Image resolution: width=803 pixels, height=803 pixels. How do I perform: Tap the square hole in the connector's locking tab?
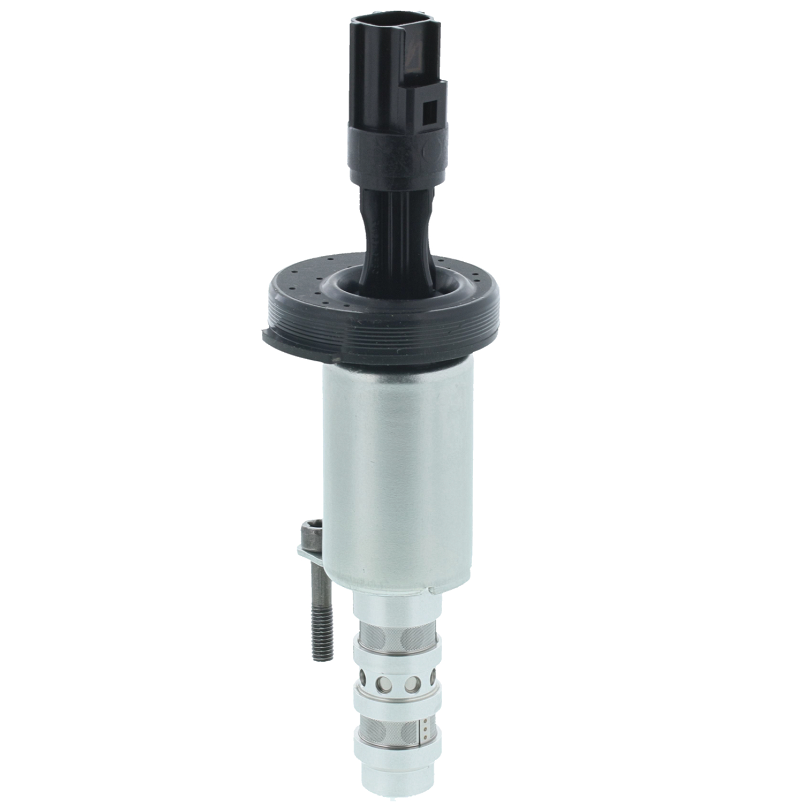point(429,113)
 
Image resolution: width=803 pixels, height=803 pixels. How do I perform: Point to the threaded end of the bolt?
point(322,637)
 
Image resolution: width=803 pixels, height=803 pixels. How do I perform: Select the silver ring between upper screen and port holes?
point(396,656)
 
